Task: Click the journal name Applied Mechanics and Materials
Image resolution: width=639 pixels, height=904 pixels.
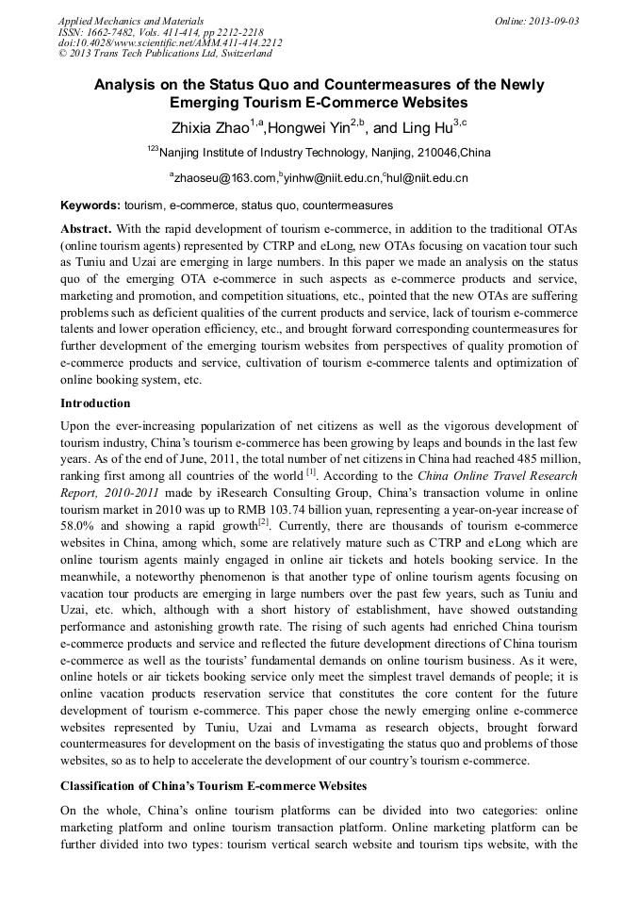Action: point(130,20)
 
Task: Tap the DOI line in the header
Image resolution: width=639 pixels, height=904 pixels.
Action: point(170,42)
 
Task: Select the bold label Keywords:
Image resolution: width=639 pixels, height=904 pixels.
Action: point(90,205)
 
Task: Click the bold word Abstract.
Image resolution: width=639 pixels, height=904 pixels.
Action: point(86,229)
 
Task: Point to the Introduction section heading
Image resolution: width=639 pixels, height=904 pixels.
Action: point(95,403)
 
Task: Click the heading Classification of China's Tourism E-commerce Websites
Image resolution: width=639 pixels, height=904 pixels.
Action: point(213,785)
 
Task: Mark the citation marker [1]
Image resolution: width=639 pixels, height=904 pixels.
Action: point(310,469)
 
